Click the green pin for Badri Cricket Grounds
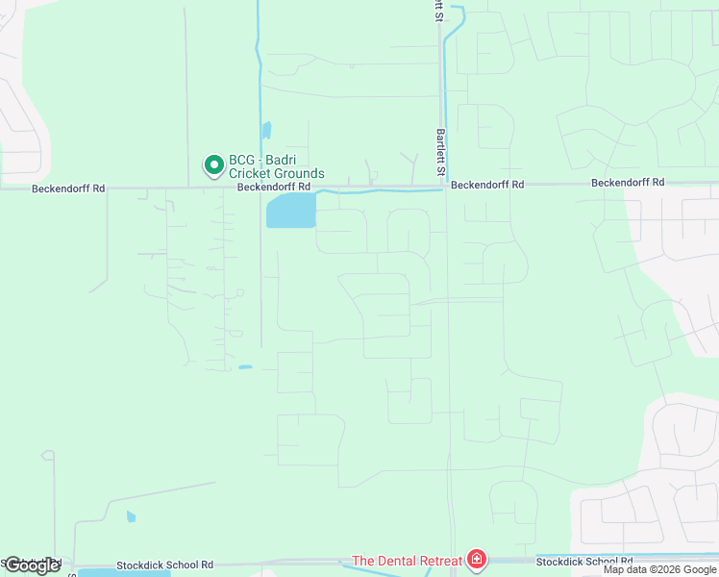tap(212, 165)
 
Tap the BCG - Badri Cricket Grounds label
tap(276, 167)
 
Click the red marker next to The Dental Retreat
tap(476, 560)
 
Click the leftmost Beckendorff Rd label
tap(67, 188)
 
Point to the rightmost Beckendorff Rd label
tap(628, 182)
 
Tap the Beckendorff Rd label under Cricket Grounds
tap(274, 187)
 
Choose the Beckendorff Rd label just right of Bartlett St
tap(487, 184)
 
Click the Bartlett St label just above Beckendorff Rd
tap(441, 151)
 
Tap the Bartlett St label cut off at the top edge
tap(439, 9)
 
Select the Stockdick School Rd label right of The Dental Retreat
tap(584, 561)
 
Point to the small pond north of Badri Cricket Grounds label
tap(266, 130)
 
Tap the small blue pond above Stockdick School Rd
tap(131, 516)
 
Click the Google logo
tap(32, 565)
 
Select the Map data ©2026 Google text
tap(660, 569)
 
